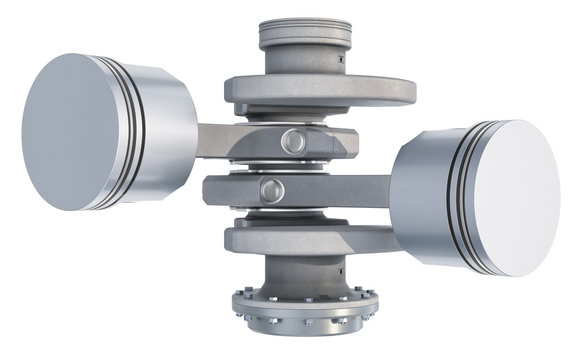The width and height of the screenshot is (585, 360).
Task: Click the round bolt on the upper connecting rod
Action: [x=293, y=141]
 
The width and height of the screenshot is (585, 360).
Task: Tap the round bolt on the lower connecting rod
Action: [x=270, y=190]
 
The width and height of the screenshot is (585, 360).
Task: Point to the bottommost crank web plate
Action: [x=300, y=240]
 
